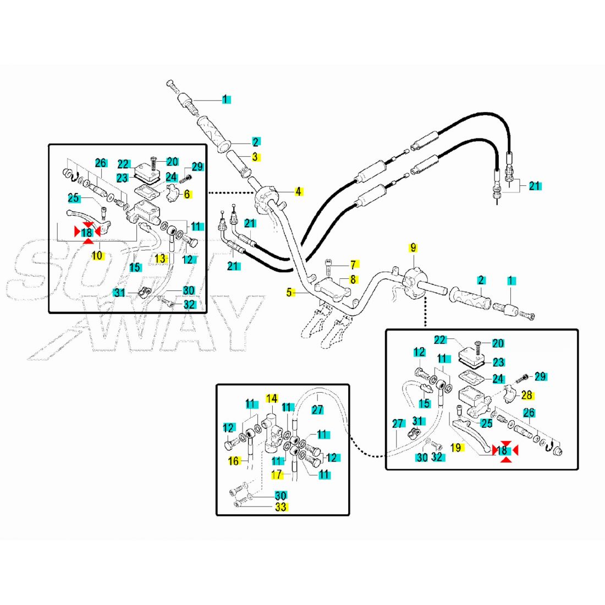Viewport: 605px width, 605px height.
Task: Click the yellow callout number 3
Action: (255, 157)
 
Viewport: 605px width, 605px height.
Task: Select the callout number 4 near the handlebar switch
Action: (298, 191)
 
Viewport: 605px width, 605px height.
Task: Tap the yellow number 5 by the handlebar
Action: (289, 293)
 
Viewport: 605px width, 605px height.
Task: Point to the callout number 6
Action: (186, 194)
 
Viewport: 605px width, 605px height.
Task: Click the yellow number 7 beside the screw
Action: (353, 265)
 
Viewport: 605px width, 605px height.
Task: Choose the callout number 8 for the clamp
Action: (353, 279)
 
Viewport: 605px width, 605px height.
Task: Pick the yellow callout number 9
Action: (413, 247)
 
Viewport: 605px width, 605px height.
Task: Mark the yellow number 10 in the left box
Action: (97, 255)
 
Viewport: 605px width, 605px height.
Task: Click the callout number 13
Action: (159, 258)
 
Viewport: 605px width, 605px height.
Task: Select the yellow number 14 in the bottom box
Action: (272, 398)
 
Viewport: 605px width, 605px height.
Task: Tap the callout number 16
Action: (234, 461)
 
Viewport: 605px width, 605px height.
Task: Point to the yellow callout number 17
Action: (277, 474)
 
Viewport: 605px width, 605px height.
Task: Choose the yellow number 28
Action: (526, 395)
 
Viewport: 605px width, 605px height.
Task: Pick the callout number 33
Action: (280, 507)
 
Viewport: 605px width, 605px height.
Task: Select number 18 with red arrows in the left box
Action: (87, 233)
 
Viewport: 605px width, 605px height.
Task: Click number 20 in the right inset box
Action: (498, 343)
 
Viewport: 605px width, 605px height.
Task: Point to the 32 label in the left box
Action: (189, 304)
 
